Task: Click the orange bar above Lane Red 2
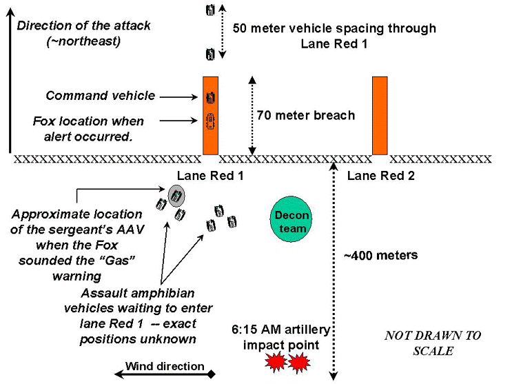(x=380, y=115)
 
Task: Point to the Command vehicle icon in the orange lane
(x=210, y=97)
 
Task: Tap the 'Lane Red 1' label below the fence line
(x=210, y=176)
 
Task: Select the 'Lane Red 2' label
(x=380, y=176)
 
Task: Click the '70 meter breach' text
(x=305, y=115)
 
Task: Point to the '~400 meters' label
(x=380, y=256)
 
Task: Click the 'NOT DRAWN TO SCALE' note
(x=433, y=343)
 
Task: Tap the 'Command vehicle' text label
(x=101, y=96)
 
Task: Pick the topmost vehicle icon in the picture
(x=210, y=10)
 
